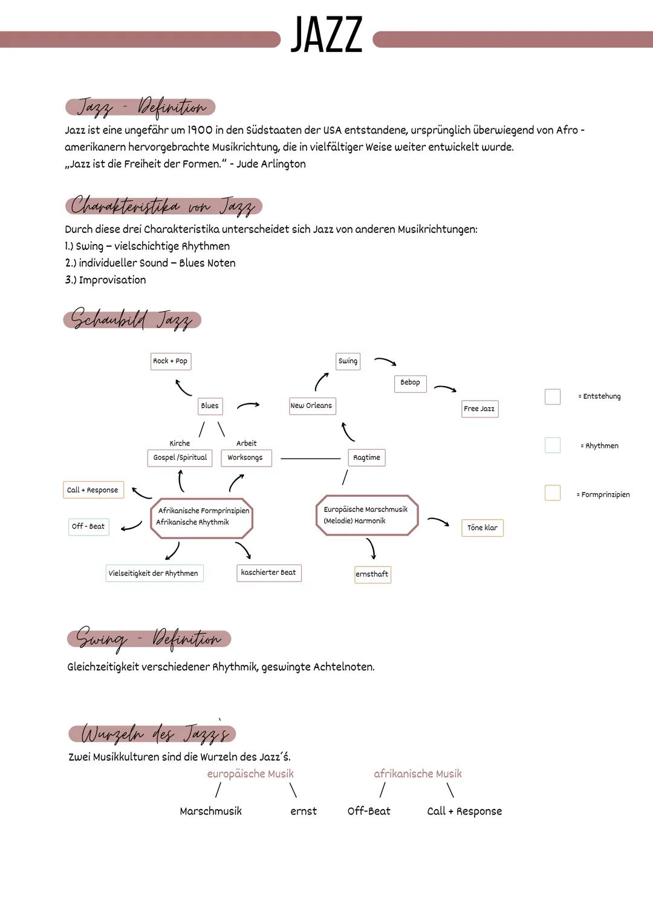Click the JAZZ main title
[x=326, y=35]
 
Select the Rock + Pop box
[x=171, y=361]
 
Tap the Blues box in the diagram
[x=210, y=406]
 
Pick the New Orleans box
[x=311, y=406]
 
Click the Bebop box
[x=410, y=383]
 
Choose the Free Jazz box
[x=479, y=409]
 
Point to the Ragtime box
[x=366, y=457]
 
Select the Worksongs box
[x=245, y=458]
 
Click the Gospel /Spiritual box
[x=180, y=458]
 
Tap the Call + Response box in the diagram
[x=93, y=490]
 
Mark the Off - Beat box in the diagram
[x=88, y=526]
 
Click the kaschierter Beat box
[x=268, y=573]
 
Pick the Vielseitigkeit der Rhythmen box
[x=154, y=574]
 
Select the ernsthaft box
[x=372, y=574]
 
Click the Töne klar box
[x=482, y=528]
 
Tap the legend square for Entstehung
[x=553, y=397]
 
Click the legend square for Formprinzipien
[x=553, y=493]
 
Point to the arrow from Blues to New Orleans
[x=248, y=405]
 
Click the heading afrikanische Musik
[x=417, y=774]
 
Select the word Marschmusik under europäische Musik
[x=210, y=811]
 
